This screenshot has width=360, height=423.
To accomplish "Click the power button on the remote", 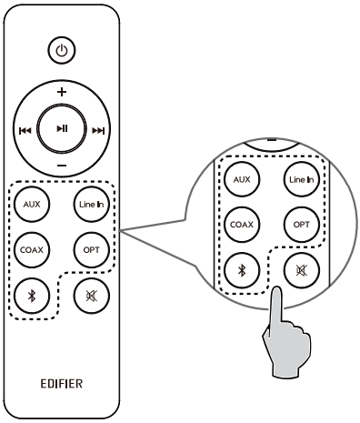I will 62,52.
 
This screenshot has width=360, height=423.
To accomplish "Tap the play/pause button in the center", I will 62,129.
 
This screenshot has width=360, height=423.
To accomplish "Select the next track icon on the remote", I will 98,130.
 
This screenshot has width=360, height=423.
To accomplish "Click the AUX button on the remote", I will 33,205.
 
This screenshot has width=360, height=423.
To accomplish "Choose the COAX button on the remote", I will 33,247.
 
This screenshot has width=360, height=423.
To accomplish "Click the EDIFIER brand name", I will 61,384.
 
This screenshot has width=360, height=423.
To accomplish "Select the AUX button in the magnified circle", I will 242,179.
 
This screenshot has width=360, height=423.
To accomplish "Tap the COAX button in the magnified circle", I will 242,223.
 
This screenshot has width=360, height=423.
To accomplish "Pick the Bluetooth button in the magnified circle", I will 242,269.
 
